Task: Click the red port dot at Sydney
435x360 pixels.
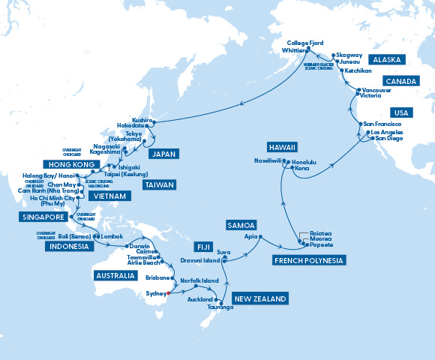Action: [x=169, y=294]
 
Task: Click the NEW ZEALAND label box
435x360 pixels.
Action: [x=260, y=299]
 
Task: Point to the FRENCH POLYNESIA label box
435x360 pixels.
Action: [x=309, y=260]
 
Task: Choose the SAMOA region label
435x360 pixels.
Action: [x=241, y=225]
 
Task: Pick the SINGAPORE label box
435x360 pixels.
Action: [x=37, y=217]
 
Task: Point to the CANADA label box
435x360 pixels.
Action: [x=400, y=81]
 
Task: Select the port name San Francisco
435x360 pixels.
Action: [x=382, y=123]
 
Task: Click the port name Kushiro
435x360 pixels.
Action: [x=142, y=120]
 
